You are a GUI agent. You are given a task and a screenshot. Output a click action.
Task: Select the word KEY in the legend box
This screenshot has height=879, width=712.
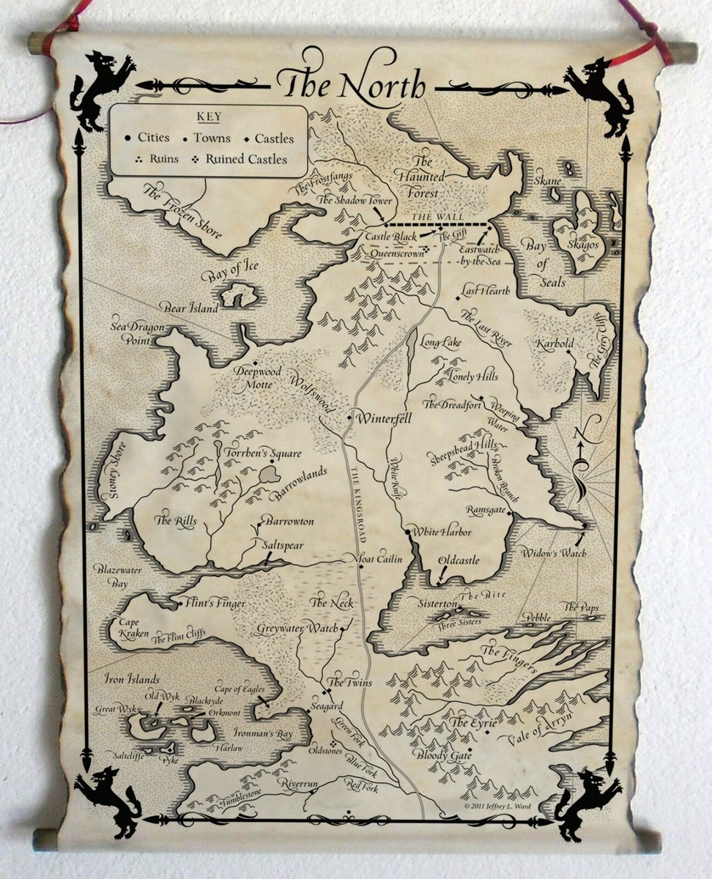pyautogui.click(x=209, y=117)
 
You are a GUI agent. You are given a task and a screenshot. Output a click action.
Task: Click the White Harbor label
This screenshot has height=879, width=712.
pyautogui.click(x=442, y=532)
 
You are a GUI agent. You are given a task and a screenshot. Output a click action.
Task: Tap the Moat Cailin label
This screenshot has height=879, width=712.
pyautogui.click(x=378, y=560)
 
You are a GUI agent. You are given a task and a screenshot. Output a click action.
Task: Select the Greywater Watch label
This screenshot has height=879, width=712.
pyautogui.click(x=297, y=628)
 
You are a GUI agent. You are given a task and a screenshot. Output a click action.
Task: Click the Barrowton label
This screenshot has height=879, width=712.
pyautogui.click(x=289, y=521)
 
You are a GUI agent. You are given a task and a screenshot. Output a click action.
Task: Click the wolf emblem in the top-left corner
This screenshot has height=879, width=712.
pyautogui.click(x=103, y=88)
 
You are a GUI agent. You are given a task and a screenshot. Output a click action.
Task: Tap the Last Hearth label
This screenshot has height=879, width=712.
pyautogui.click(x=485, y=291)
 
